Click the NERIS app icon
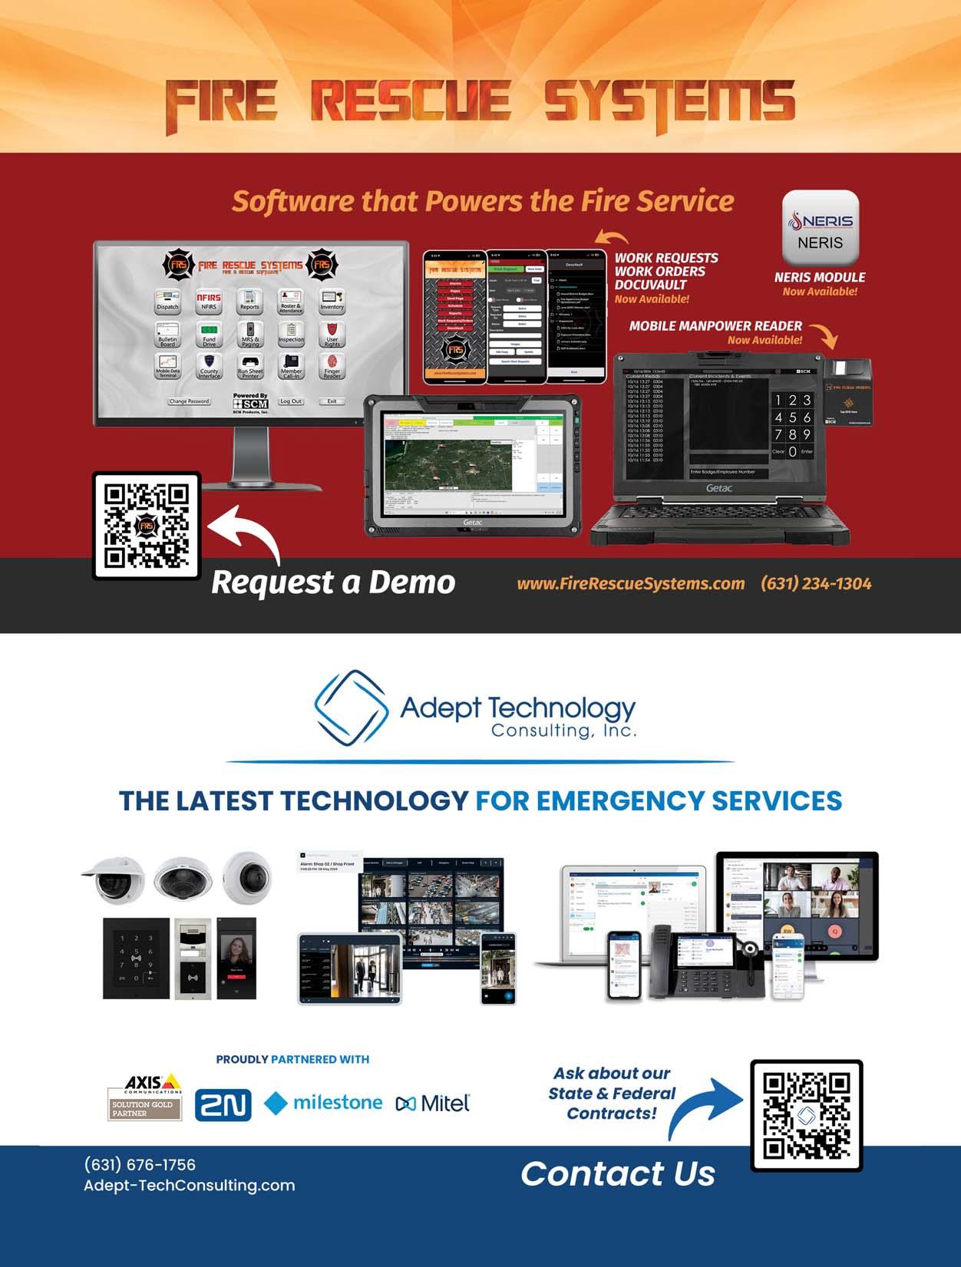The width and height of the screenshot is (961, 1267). (x=820, y=228)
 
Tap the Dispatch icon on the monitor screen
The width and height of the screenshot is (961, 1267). (x=167, y=300)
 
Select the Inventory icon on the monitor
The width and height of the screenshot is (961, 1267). (x=332, y=300)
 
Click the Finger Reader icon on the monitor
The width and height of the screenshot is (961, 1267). (x=332, y=365)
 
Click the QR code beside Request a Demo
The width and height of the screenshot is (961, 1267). (x=147, y=526)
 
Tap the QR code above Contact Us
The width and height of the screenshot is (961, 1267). (x=806, y=1115)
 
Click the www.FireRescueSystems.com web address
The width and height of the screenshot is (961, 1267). (x=630, y=583)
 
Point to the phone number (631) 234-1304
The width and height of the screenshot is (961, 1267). (x=816, y=583)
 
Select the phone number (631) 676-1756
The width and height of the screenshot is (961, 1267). (x=140, y=1164)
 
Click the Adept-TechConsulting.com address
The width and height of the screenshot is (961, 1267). (x=189, y=1185)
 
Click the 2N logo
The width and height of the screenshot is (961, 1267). (x=223, y=1104)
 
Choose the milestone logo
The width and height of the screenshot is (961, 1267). (x=323, y=1103)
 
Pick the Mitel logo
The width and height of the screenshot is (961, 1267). (x=433, y=1104)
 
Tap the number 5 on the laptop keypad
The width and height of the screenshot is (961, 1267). (x=792, y=417)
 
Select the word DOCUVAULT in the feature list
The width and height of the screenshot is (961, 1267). (x=650, y=285)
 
